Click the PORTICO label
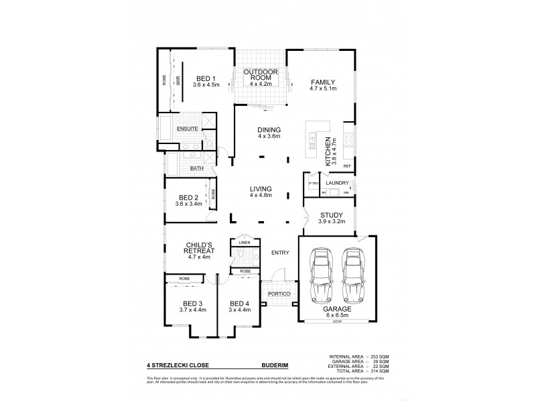point(278,294)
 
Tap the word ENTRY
point(280,253)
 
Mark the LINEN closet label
point(245,242)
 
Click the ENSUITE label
point(187,128)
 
